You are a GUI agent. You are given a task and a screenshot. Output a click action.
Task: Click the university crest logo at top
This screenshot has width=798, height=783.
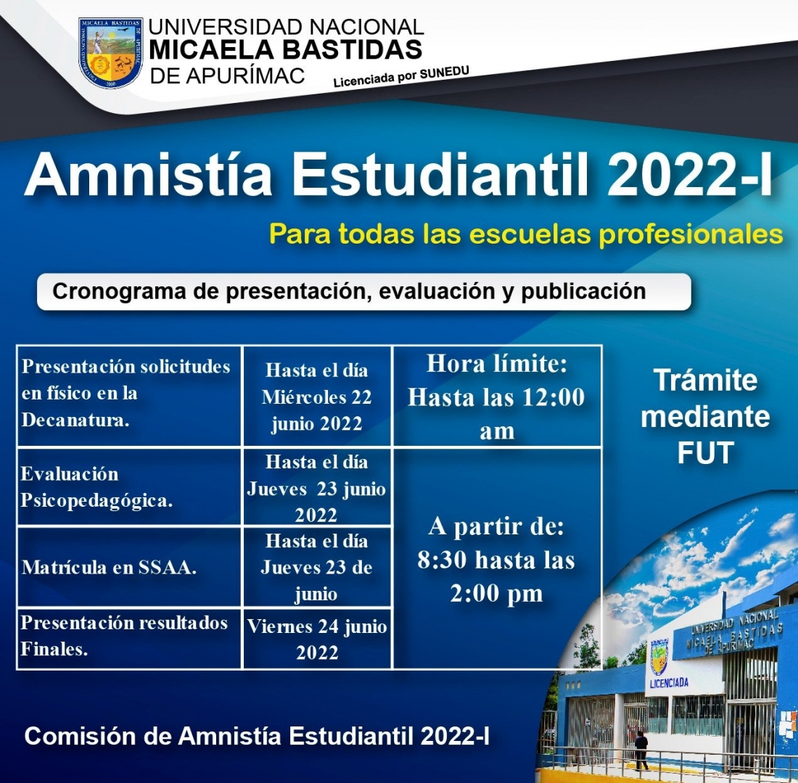click(x=110, y=53)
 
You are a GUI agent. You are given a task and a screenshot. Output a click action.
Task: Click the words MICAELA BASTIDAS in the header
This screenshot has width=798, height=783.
click(x=286, y=50)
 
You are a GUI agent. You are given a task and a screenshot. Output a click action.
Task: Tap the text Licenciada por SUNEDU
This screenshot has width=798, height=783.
click(x=401, y=77)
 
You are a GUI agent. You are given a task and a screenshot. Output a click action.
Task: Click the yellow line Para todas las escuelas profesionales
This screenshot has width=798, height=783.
click(x=526, y=235)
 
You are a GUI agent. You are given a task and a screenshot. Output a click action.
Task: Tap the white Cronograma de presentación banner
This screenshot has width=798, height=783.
click(x=364, y=291)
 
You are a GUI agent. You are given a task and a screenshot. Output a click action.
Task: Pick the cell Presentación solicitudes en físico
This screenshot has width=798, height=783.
click(x=129, y=397)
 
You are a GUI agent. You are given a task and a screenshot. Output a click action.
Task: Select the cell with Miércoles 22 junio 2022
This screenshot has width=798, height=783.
click(x=317, y=397)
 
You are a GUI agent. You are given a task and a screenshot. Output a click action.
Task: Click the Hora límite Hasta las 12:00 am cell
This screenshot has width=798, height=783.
click(x=497, y=397)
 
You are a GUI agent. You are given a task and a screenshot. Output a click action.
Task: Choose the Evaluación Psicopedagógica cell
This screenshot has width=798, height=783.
click(x=129, y=487)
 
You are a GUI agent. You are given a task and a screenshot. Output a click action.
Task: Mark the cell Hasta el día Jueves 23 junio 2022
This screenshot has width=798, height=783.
click(x=317, y=487)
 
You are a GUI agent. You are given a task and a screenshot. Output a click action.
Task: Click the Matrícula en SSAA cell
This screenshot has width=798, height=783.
click(x=129, y=567)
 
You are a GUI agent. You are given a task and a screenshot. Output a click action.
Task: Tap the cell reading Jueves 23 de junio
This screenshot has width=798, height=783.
click(x=317, y=567)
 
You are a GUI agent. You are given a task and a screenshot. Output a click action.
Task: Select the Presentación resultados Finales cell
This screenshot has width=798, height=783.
click(x=129, y=638)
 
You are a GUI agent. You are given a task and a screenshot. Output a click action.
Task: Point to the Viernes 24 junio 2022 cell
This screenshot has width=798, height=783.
click(x=317, y=638)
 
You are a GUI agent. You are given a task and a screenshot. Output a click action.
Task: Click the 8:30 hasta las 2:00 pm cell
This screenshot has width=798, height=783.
click(x=497, y=558)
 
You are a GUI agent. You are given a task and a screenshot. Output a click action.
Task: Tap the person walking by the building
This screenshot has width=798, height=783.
click(x=641, y=750)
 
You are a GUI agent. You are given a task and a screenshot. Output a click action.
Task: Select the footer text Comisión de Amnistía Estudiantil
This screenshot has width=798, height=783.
click(x=257, y=736)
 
